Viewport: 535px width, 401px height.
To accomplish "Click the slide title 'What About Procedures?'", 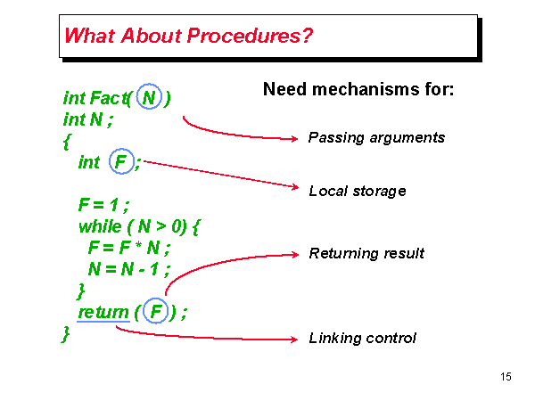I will click(x=188, y=37).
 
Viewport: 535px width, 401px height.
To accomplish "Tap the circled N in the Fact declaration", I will click(x=150, y=97).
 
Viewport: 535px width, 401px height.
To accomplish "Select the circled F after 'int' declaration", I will click(x=119, y=161).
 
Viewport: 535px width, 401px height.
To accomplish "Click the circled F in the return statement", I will click(x=157, y=312).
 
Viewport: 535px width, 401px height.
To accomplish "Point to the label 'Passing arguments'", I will click(x=375, y=138).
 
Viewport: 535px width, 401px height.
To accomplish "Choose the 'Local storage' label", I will click(x=357, y=191).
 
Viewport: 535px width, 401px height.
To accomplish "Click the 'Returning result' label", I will click(x=366, y=253).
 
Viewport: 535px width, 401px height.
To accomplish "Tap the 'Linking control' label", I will click(x=362, y=339).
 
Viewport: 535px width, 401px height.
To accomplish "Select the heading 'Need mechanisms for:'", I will click(x=358, y=90).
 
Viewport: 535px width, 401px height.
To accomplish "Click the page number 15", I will click(x=506, y=377).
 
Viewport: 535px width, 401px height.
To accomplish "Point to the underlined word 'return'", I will click(x=103, y=313).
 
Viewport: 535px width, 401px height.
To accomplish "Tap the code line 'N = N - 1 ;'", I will click(x=128, y=269).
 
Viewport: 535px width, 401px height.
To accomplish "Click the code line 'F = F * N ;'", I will click(x=128, y=247).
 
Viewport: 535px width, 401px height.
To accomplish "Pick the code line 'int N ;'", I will click(x=87, y=119).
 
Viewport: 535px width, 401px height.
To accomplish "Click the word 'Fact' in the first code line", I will click(x=110, y=97).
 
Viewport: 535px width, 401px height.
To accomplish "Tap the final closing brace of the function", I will click(x=66, y=334).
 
